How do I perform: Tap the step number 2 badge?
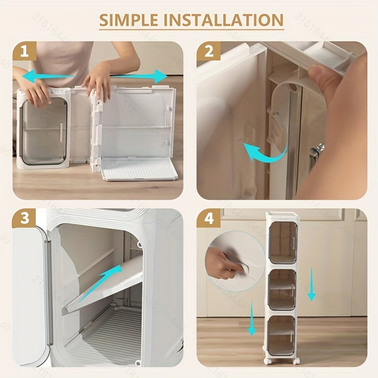209,52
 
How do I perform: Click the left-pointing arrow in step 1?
47,76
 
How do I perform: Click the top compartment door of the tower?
283,242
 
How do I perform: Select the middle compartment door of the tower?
283,290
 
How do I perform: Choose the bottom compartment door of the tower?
283,335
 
